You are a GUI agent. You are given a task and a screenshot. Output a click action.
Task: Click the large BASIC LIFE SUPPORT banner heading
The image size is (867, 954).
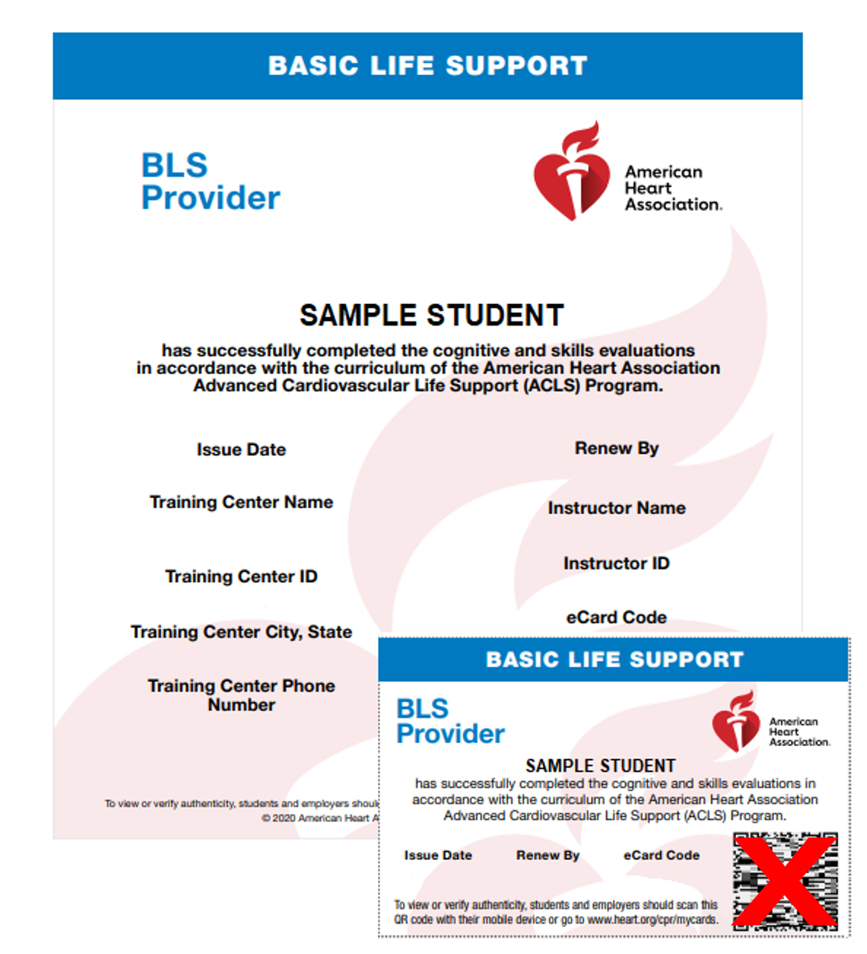pyautogui.click(x=428, y=66)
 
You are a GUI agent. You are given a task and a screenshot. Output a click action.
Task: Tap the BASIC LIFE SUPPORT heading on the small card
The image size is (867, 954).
pyautogui.click(x=614, y=660)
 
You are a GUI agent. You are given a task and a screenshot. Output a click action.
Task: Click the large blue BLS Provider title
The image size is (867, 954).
pyautogui.click(x=210, y=182)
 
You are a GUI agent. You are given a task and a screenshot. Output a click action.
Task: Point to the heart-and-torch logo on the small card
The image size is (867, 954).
pyautogui.click(x=735, y=722)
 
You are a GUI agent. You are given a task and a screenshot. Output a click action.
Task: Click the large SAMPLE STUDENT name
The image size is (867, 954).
pyautogui.click(x=432, y=315)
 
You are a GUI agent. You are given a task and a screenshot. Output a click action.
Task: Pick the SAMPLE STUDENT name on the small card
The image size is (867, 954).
pyautogui.click(x=600, y=765)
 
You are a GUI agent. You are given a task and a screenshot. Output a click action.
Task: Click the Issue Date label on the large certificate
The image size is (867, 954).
pyautogui.click(x=241, y=449)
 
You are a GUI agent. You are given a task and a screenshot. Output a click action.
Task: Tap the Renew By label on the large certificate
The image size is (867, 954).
pyautogui.click(x=617, y=448)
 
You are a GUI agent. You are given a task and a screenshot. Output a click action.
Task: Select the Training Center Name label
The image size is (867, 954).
pyautogui.click(x=241, y=502)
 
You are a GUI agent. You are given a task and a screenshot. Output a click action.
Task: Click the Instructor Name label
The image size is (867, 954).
pyautogui.click(x=617, y=508)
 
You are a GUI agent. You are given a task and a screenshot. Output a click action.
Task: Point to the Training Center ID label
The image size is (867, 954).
pyautogui.click(x=241, y=577)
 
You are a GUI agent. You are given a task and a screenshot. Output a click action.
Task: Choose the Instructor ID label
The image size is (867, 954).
pyautogui.click(x=617, y=563)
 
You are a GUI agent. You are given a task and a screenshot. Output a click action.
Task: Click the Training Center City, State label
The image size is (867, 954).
pyautogui.click(x=241, y=632)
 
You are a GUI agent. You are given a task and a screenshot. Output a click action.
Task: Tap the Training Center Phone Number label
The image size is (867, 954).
pyautogui.click(x=241, y=695)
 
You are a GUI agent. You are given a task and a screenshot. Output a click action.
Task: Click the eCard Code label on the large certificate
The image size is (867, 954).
pyautogui.click(x=617, y=617)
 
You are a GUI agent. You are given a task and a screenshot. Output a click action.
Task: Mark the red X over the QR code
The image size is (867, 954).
pyautogui.click(x=785, y=882)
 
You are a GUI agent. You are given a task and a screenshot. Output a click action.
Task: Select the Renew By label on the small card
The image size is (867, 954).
pyautogui.click(x=547, y=856)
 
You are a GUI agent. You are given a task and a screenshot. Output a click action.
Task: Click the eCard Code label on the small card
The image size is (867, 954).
pyautogui.click(x=661, y=856)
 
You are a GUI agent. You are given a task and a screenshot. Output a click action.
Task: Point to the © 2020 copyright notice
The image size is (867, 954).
pyautogui.click(x=321, y=818)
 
